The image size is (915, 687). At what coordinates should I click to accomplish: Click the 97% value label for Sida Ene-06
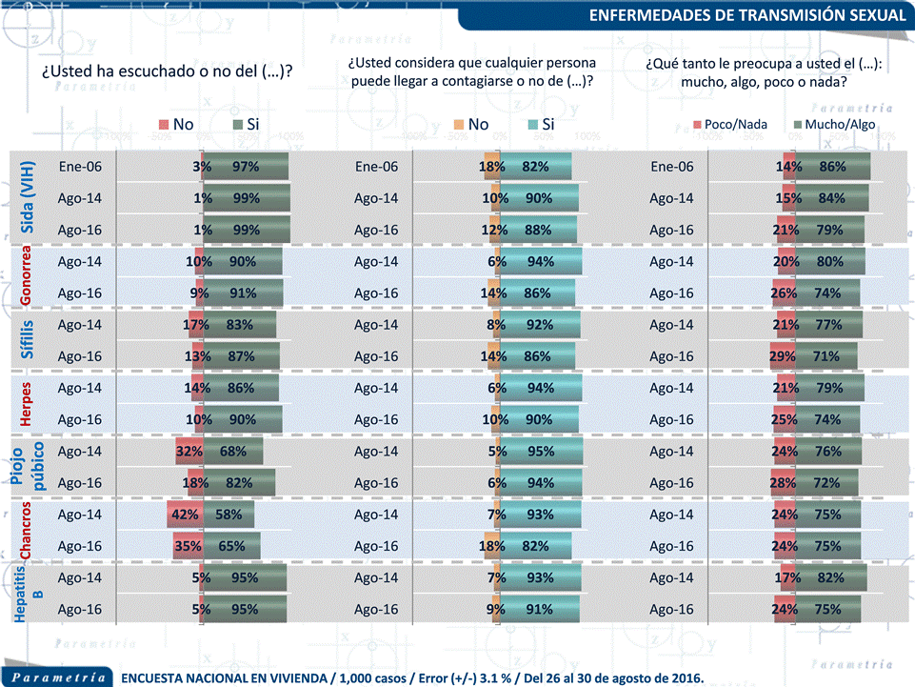coord(246,167)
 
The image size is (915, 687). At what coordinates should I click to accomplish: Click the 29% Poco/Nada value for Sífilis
coord(783,356)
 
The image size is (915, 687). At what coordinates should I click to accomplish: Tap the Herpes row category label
coord(27,404)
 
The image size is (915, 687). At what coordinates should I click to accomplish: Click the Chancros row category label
coord(27,531)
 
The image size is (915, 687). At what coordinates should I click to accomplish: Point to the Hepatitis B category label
coord(27,595)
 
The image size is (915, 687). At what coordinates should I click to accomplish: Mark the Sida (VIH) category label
coord(27,198)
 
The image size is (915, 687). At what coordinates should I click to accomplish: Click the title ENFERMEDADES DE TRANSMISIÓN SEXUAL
coord(747,15)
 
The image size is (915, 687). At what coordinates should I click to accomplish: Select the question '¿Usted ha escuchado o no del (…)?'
coord(166,71)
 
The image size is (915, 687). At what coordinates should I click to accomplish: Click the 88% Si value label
coord(538,230)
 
